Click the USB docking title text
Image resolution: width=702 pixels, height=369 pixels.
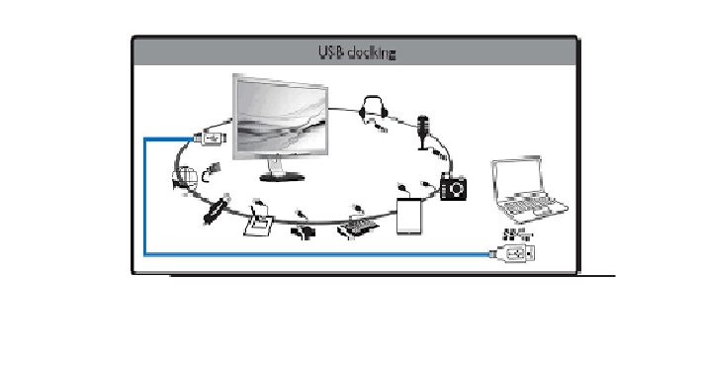(x=353, y=53)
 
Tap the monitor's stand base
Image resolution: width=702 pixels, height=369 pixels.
(x=282, y=177)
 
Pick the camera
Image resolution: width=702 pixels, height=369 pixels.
(x=454, y=186)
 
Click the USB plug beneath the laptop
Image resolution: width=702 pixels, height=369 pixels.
(x=518, y=254)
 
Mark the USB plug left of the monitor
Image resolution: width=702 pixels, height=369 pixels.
(x=215, y=137)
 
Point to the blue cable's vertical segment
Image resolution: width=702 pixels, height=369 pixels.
(x=145, y=198)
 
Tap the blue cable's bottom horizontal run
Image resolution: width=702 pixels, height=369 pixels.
(x=316, y=255)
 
